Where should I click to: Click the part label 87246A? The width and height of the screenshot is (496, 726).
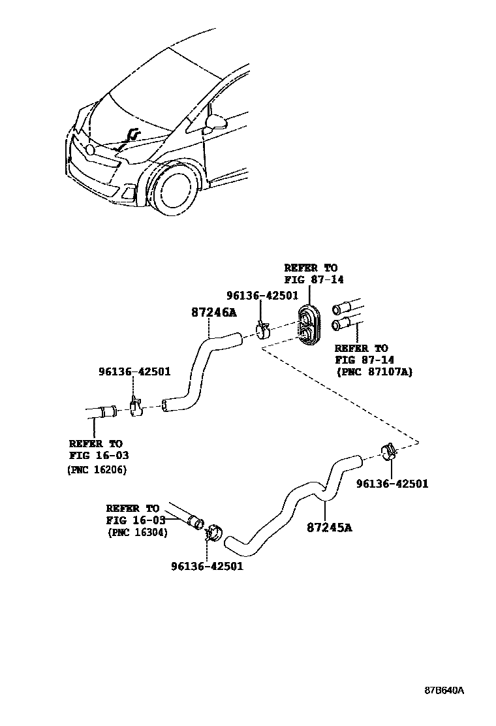tap(213, 313)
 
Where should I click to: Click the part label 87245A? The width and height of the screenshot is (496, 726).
tap(329, 527)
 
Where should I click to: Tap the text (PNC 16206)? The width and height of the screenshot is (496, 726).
tap(97, 469)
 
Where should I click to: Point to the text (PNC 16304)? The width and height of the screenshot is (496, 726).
tap(137, 532)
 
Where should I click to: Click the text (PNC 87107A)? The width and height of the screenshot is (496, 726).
tap(374, 372)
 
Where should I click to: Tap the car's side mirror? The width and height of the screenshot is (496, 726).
tap(215, 122)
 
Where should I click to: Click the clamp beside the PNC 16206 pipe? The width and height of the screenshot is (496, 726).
tap(136, 408)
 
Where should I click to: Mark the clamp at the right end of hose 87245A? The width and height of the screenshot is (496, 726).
tap(388, 451)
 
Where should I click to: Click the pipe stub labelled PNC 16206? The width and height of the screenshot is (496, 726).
tap(102, 412)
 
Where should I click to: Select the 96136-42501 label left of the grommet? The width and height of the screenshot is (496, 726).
tap(262, 296)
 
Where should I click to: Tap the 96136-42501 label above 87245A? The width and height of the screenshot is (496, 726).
tap(392, 484)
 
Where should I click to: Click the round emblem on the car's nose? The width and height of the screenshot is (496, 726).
tap(90, 150)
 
